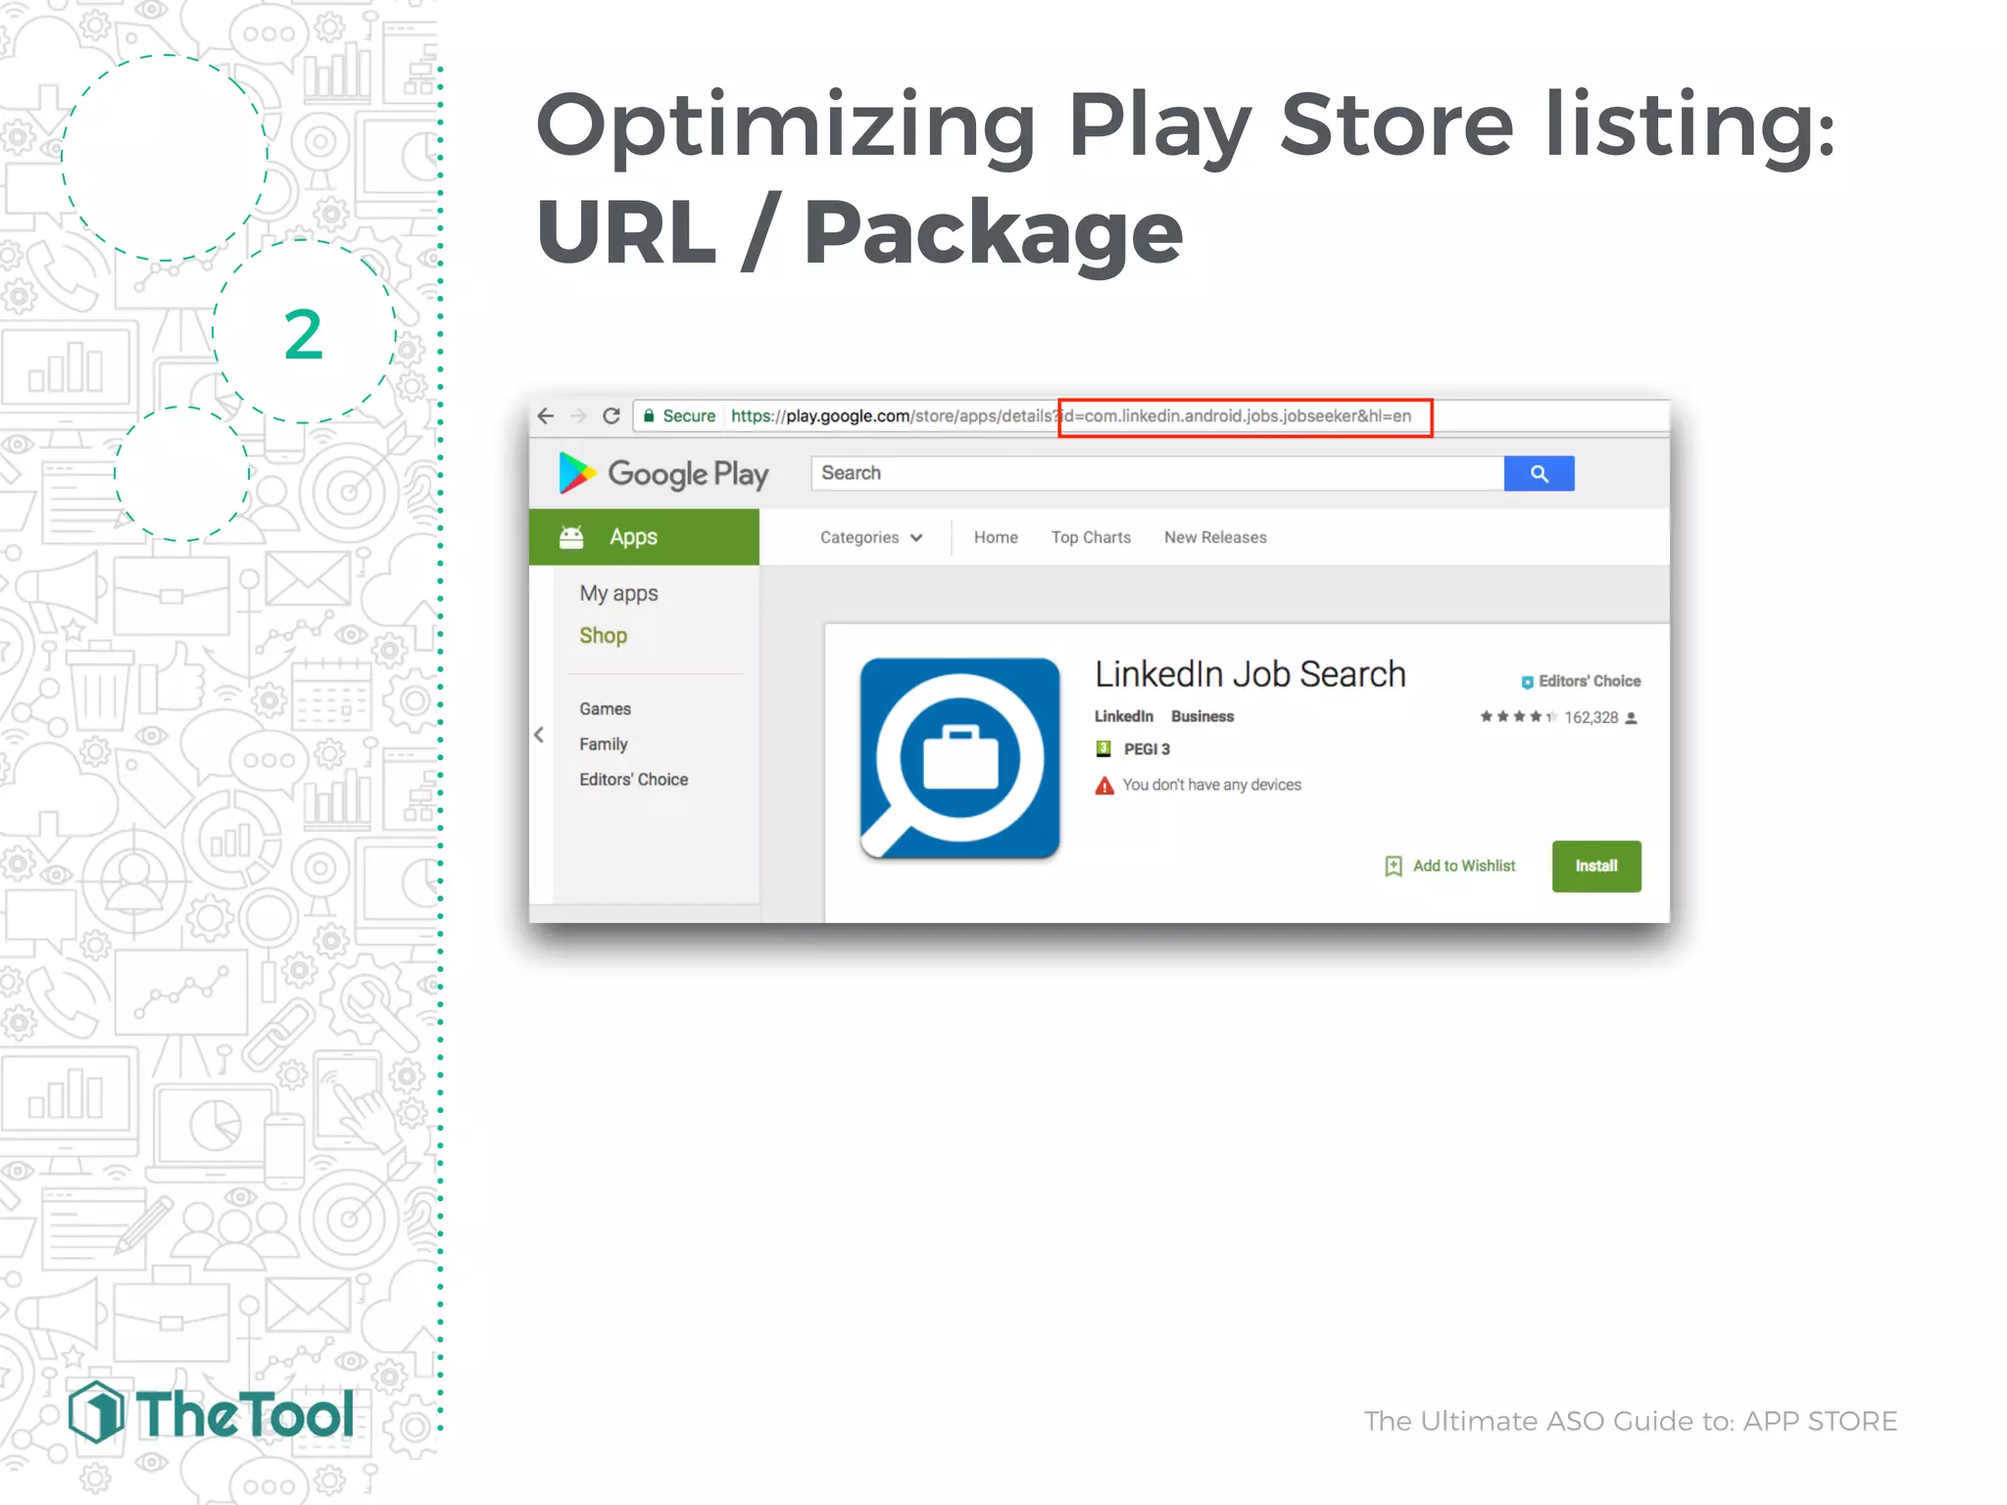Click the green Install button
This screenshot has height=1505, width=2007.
click(x=1595, y=866)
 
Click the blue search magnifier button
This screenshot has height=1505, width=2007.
click(x=1539, y=474)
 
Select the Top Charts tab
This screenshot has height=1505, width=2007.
click(x=1091, y=538)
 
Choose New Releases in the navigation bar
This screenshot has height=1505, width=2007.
click(x=1215, y=538)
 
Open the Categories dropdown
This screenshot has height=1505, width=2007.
click(x=870, y=538)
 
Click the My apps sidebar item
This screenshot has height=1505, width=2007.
click(x=618, y=594)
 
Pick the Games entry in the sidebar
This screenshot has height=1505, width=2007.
click(x=605, y=709)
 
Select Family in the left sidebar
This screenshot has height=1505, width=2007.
click(x=603, y=745)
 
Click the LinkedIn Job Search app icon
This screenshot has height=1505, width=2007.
click(x=959, y=758)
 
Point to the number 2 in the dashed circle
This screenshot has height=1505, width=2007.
click(x=303, y=335)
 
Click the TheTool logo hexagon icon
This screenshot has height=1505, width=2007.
click(x=96, y=1413)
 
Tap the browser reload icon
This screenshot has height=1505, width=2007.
click(x=612, y=416)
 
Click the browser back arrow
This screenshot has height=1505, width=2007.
click(x=546, y=416)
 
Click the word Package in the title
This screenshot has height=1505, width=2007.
click(x=993, y=233)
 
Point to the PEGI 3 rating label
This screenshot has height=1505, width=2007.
click(x=1145, y=750)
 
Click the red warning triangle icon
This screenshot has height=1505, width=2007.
click(x=1104, y=786)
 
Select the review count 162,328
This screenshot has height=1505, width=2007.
click(x=1591, y=718)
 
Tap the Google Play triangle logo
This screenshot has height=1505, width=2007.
click(x=576, y=473)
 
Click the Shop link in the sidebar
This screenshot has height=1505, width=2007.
click(x=603, y=636)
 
